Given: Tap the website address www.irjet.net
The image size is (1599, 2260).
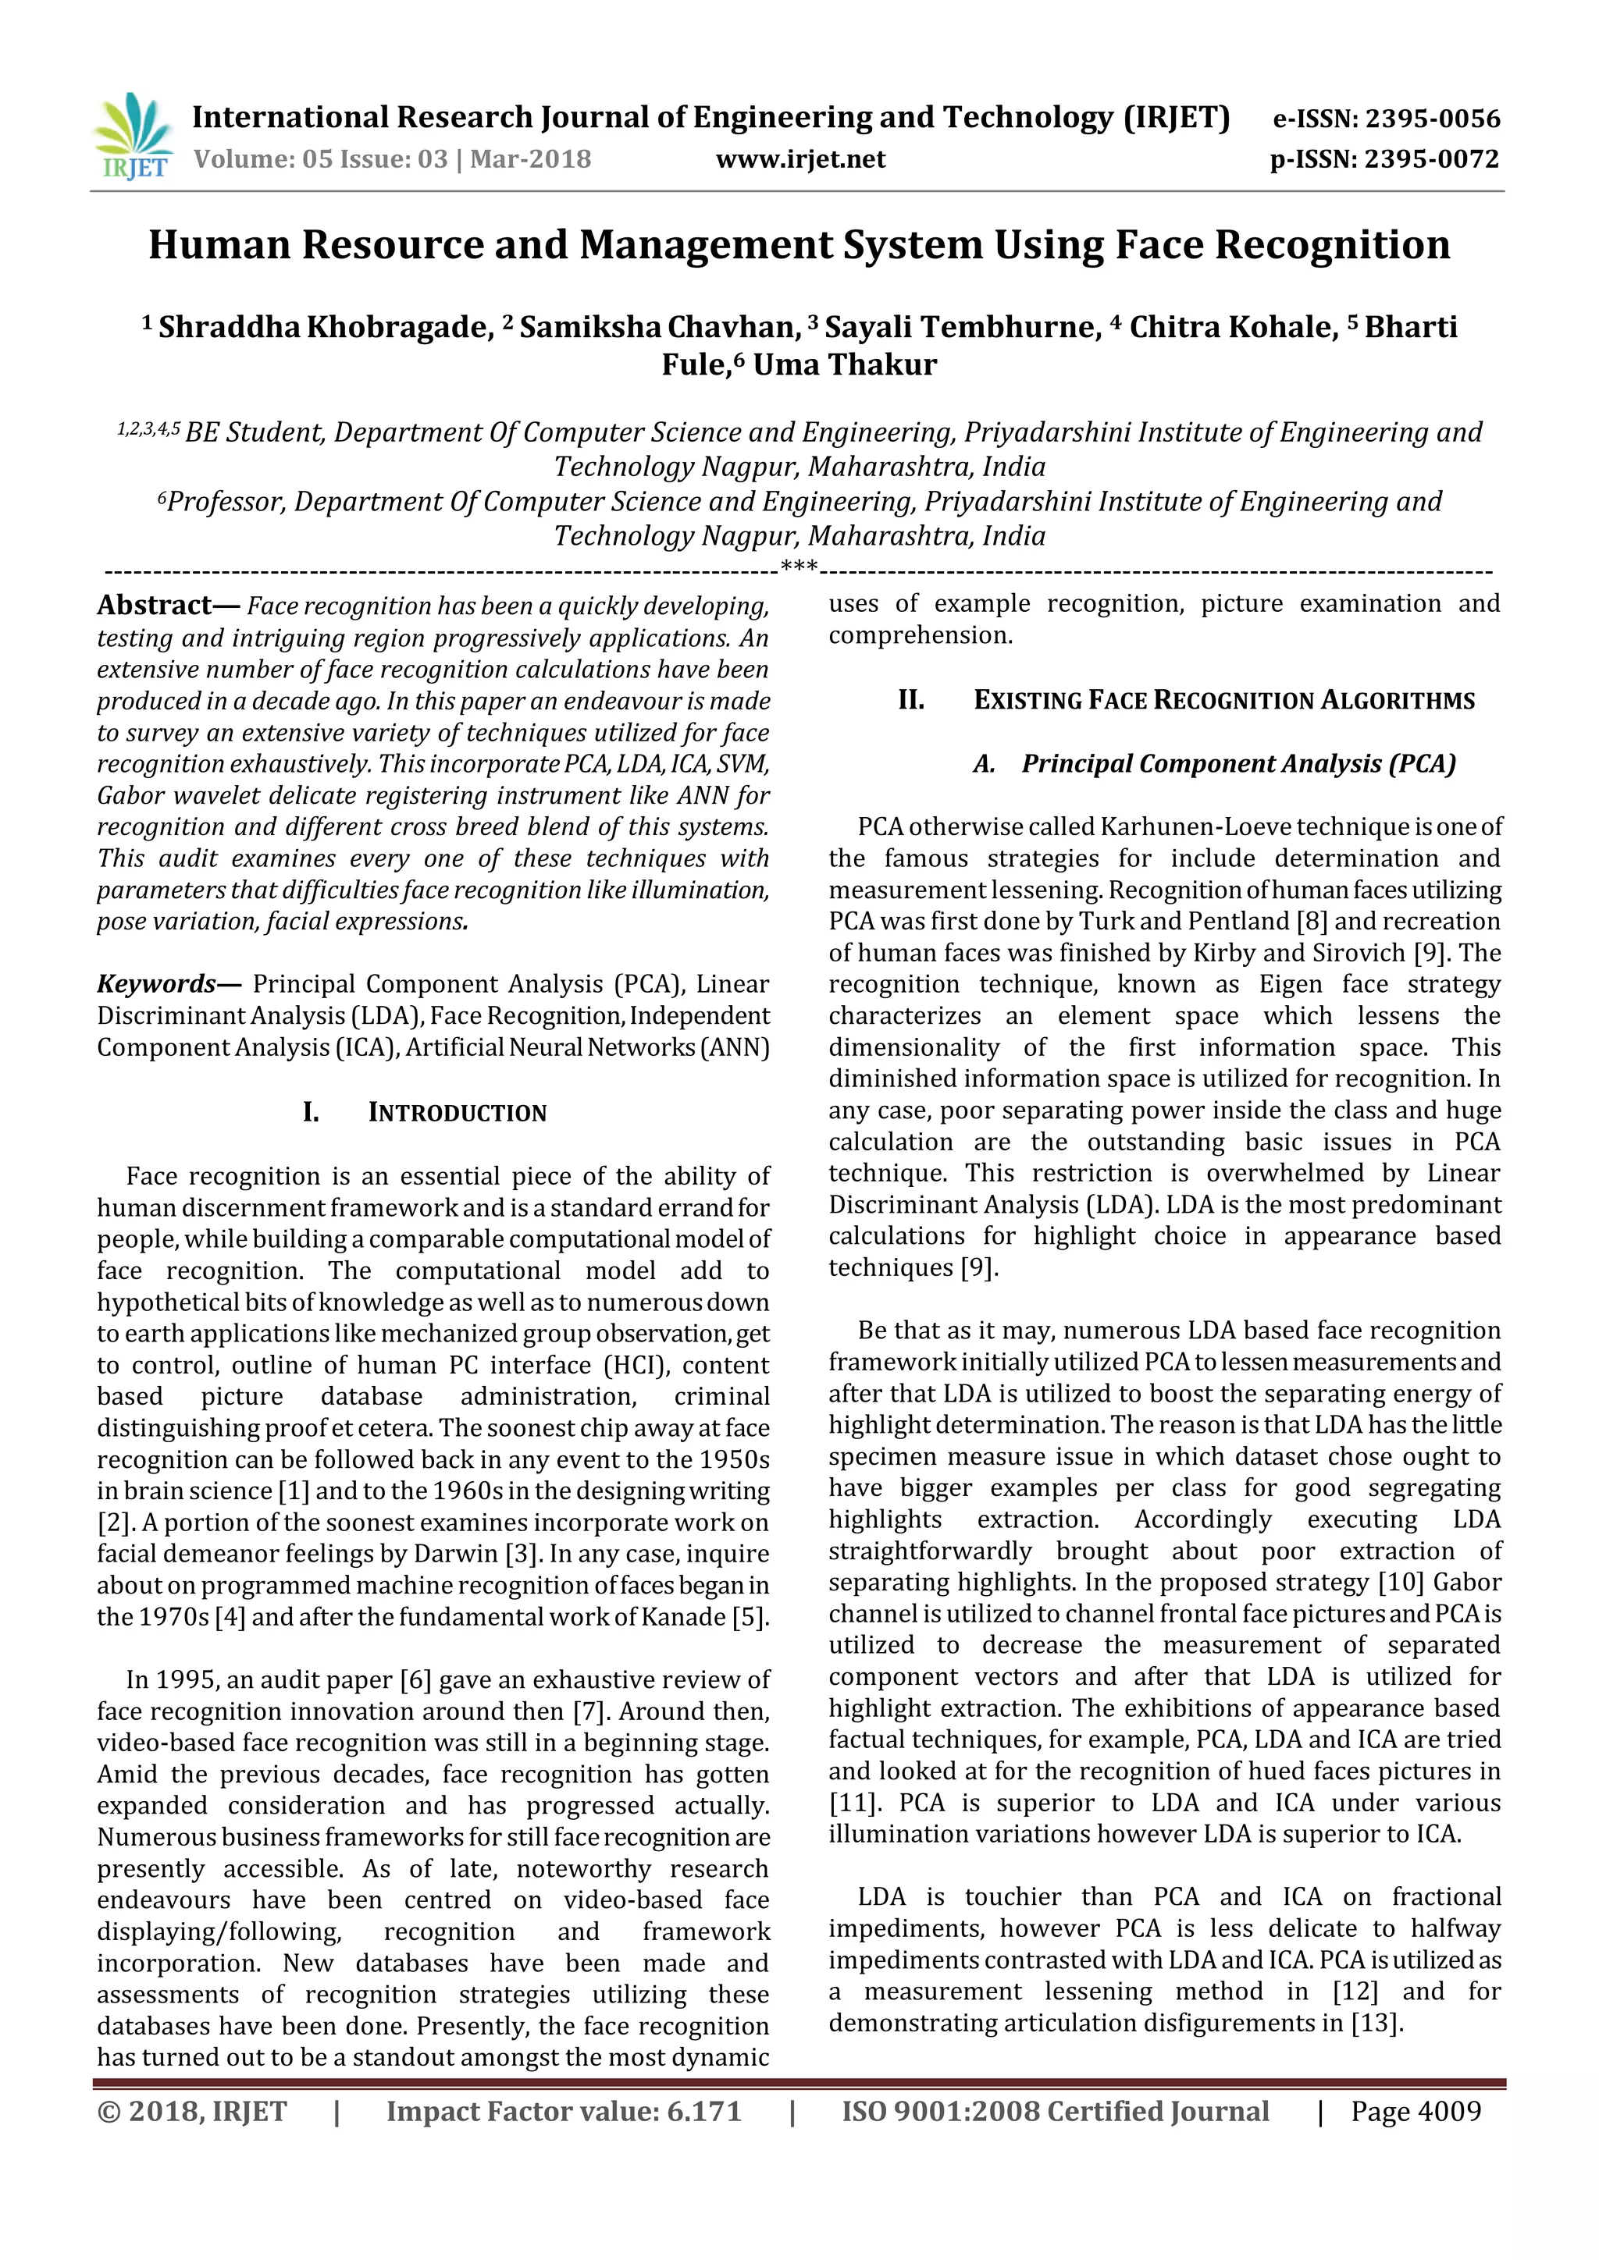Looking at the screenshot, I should pos(799,159).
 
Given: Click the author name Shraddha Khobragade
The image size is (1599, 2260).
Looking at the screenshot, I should pos(325,327).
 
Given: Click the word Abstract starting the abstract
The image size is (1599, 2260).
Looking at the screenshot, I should pos(155,606).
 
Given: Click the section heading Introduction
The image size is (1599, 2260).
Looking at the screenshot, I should pos(457,1114).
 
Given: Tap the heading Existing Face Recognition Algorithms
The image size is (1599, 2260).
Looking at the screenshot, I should pos(1224,701).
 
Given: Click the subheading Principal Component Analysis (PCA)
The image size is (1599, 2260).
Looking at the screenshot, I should pos(1238,764).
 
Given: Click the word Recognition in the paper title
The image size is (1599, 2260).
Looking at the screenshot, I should pos(1332,245).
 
